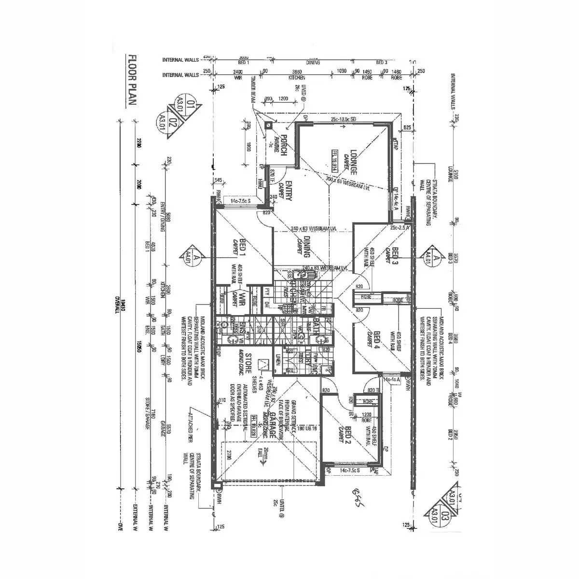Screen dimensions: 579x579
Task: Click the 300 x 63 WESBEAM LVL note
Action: click(347, 184)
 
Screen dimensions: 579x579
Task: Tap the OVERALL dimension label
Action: click(117, 304)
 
